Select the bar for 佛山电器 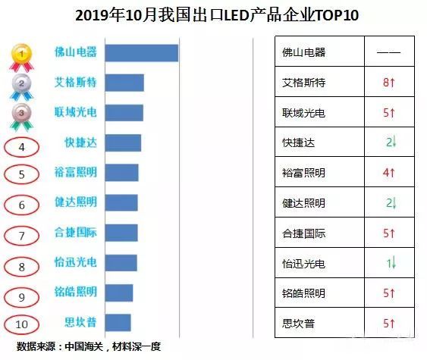pyautogui.click(x=141, y=53)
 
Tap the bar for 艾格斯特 pyautogui.click(x=124, y=83)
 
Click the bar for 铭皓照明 pyautogui.click(x=118, y=293)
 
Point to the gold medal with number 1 pyautogui.click(x=24, y=55)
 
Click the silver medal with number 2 pyautogui.click(x=24, y=85)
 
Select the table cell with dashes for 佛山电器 pyautogui.click(x=388, y=54)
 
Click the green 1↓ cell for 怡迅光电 pyautogui.click(x=388, y=263)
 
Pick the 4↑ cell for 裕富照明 pyautogui.click(x=388, y=173)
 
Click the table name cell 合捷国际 pyautogui.click(x=303, y=233)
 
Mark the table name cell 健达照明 pyautogui.click(x=303, y=203)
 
